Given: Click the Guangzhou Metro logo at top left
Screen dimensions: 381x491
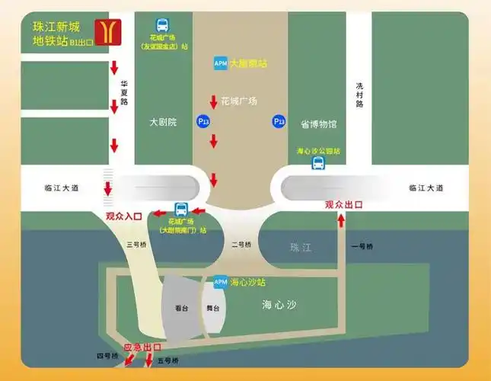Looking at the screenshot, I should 106,31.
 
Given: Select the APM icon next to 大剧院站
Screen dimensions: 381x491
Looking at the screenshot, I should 221,63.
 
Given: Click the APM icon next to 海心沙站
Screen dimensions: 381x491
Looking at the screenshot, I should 221,282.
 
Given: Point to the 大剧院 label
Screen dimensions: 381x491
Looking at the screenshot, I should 163,122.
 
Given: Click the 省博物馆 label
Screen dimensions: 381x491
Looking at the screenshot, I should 318,123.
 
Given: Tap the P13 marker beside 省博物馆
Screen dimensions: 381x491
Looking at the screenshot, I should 279,121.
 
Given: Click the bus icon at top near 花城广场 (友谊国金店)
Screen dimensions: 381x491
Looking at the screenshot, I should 163,24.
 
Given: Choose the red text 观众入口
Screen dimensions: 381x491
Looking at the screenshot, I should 124,216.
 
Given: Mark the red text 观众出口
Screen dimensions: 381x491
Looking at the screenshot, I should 343,204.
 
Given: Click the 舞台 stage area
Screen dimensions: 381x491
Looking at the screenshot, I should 214,309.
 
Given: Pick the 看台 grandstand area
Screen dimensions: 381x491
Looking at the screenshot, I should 181,309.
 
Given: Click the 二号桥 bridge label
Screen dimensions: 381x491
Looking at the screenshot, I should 240,244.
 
